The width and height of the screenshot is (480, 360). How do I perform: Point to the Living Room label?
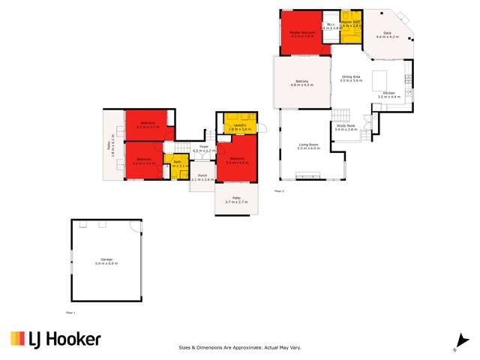click(308, 146)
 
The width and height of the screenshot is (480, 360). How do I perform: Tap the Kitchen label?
click(389, 94)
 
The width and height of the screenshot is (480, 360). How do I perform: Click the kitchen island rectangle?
click(379, 79)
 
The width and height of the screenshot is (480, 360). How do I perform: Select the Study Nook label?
click(346, 128)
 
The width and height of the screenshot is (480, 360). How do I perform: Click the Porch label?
click(202, 178)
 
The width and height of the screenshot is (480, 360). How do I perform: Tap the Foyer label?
click(203, 148)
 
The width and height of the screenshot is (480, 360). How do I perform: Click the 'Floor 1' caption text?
click(70, 312)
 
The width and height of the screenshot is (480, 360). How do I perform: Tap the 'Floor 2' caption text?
click(279, 192)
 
